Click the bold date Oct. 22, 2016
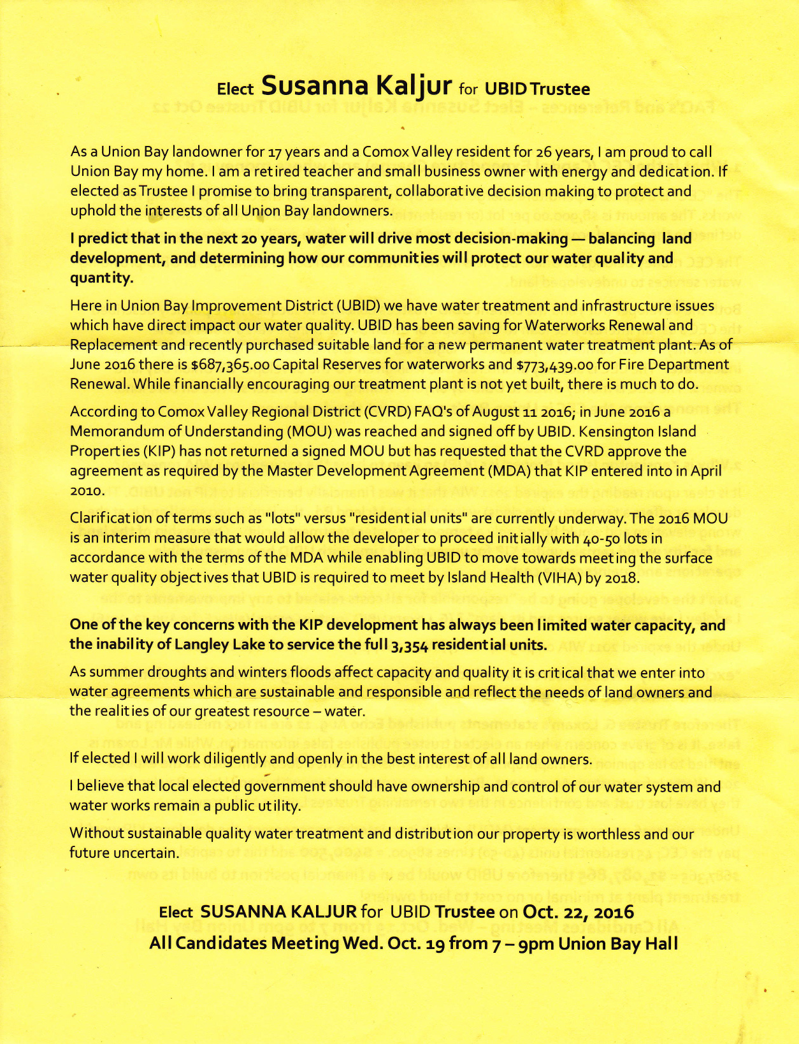[x=578, y=912]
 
